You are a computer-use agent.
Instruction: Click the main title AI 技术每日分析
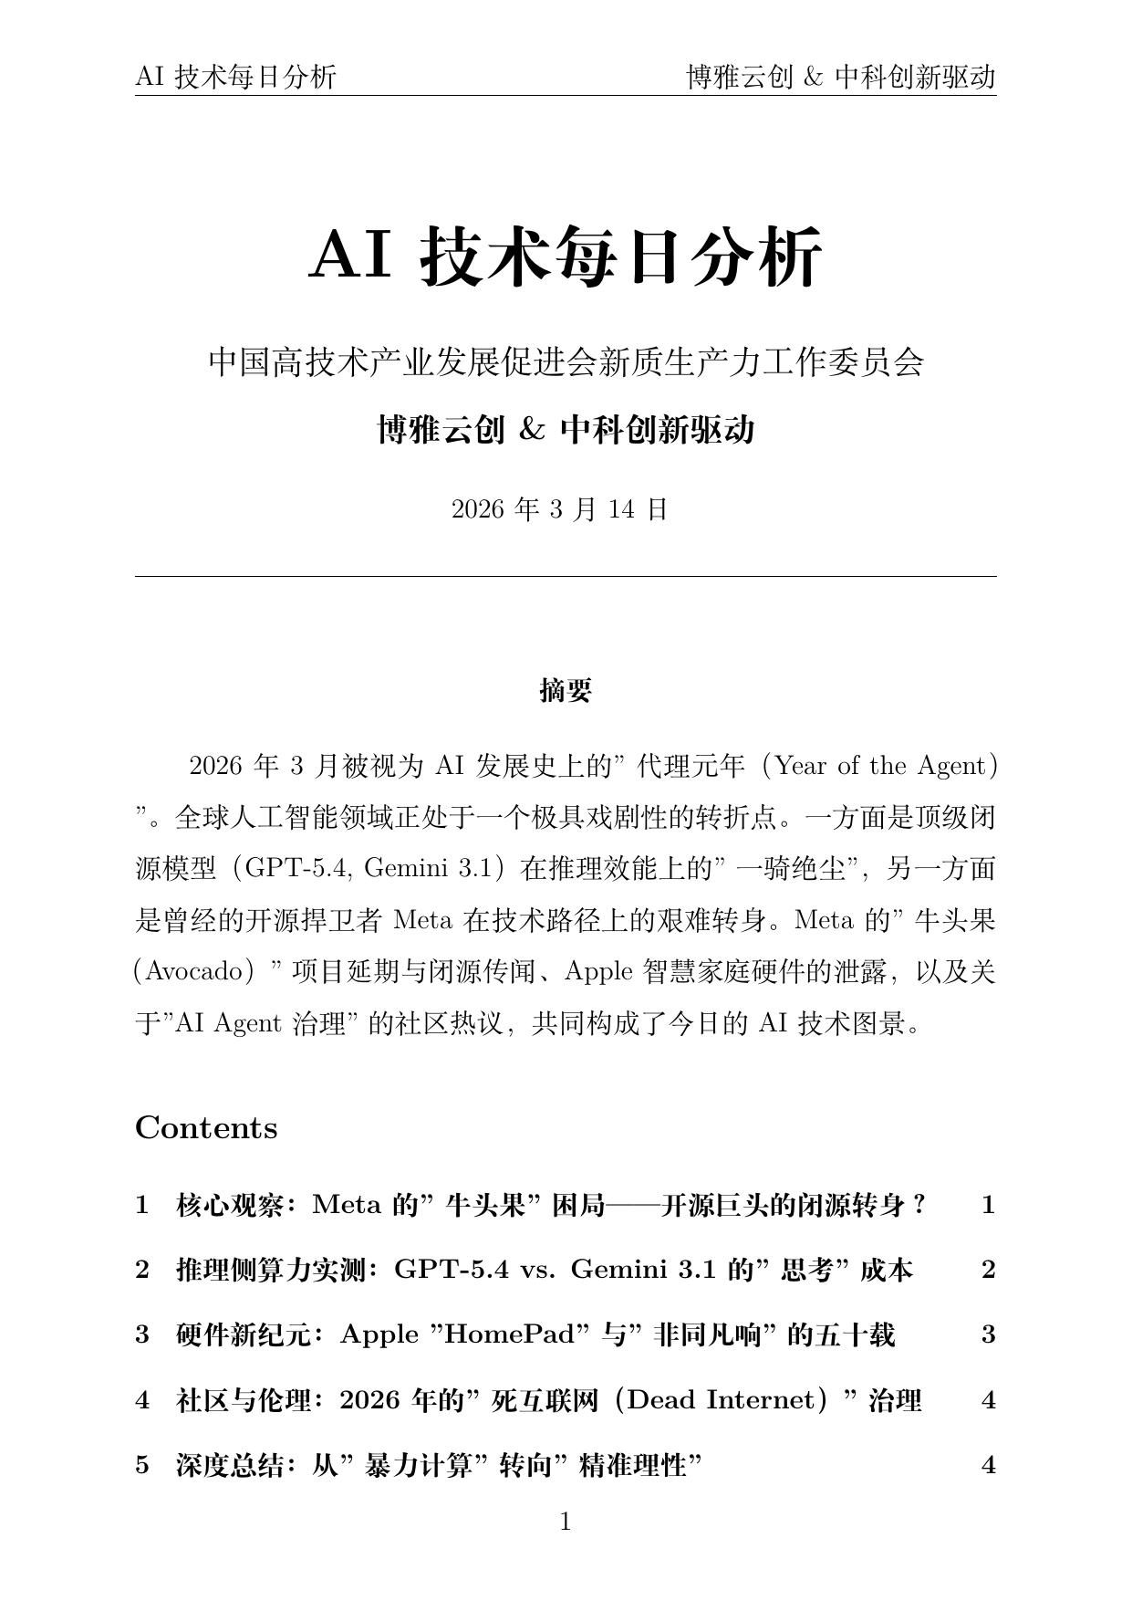[566, 256]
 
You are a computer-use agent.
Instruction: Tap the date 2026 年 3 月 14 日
[560, 509]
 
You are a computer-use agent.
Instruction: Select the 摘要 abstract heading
[566, 691]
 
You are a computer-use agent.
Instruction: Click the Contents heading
[206, 1128]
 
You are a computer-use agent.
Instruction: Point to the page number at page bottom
[566, 1522]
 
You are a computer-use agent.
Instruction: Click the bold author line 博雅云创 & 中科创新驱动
[566, 429]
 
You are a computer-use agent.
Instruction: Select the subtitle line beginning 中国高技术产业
[566, 362]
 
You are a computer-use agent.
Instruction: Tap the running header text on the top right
[840, 78]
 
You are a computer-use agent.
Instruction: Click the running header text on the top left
[235, 78]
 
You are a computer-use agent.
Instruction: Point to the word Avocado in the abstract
[192, 971]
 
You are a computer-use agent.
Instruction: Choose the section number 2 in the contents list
[142, 1270]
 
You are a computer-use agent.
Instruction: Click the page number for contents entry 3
[988, 1335]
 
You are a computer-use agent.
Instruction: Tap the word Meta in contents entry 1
[347, 1206]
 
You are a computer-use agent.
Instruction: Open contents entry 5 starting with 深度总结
[438, 1466]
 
